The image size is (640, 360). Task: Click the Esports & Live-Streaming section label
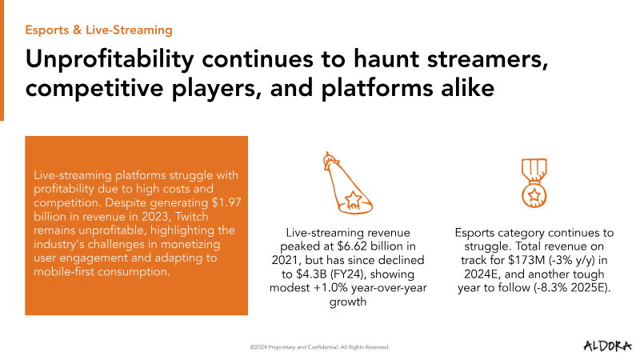[98, 30]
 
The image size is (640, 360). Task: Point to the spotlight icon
[348, 183]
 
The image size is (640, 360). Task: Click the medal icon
[534, 183]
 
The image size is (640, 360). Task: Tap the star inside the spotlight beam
[353, 200]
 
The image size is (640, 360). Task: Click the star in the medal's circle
[534, 195]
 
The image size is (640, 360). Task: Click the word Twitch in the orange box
[192, 216]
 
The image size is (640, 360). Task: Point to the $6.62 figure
[353, 246]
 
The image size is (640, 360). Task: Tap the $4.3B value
[308, 274]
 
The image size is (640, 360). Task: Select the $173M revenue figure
[526, 261]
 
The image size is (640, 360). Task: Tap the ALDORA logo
[607, 346]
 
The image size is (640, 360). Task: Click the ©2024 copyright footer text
[319, 347]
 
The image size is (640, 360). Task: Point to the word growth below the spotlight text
[348, 302]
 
